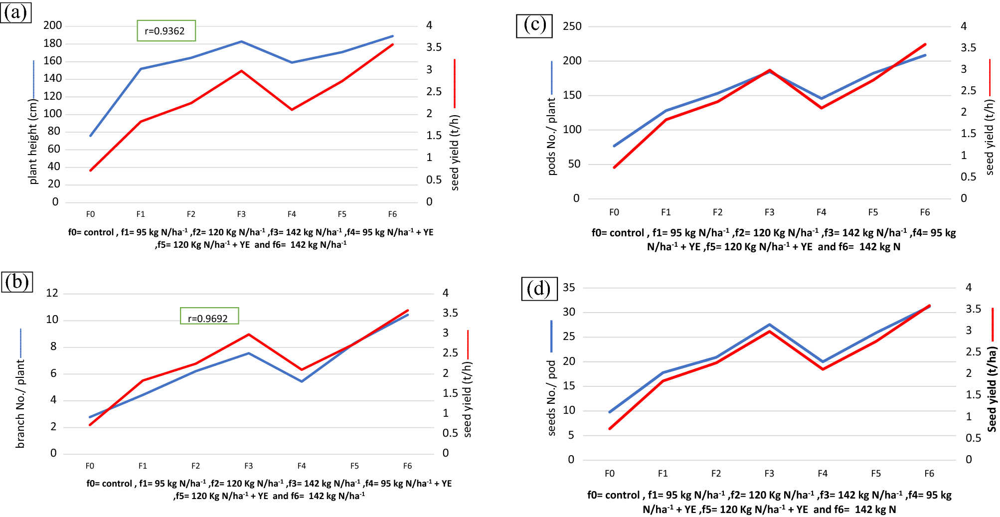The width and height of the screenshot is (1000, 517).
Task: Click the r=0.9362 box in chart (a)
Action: tap(166, 31)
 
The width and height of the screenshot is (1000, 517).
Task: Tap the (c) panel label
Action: tap(534, 25)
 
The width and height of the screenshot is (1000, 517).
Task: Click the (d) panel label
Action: tap(538, 289)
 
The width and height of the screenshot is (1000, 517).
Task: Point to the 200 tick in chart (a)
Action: tap(53, 25)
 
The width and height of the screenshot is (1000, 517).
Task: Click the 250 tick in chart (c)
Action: tap(572, 26)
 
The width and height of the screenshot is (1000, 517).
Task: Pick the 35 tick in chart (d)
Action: tap(569, 288)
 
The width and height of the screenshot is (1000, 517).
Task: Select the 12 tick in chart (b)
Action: tap(52, 293)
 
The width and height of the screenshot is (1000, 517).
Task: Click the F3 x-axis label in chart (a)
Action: tap(241, 214)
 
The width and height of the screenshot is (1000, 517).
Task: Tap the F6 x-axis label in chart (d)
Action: tap(929, 474)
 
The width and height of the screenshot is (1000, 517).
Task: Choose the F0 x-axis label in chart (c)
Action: tap(614, 212)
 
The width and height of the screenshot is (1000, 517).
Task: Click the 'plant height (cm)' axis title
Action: tap(33, 142)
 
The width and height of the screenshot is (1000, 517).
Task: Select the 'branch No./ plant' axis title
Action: tap(20, 404)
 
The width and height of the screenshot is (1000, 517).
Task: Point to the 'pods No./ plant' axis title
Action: tap(551, 137)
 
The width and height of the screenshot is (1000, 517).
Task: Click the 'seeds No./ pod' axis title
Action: tap(551, 398)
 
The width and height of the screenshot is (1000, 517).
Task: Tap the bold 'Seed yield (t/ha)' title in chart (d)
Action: tap(992, 389)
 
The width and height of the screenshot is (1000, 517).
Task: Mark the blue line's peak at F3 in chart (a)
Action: tap(242, 42)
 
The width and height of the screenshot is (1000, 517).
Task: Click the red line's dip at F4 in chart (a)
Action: tap(292, 109)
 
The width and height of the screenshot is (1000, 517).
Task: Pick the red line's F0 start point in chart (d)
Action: tap(610, 428)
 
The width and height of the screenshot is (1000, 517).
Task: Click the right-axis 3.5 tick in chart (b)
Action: tap(450, 313)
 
